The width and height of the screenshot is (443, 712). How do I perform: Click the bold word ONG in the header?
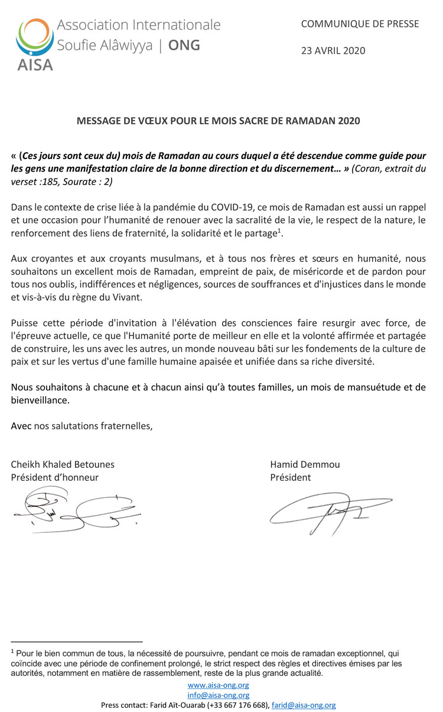(184, 45)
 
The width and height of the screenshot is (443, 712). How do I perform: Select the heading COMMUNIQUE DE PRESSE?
(360, 24)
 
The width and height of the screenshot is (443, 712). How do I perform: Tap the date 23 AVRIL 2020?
(333, 50)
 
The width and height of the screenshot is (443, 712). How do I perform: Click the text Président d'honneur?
(55, 477)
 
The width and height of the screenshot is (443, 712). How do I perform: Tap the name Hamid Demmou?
(297, 464)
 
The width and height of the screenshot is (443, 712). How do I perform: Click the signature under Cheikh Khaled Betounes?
(77, 509)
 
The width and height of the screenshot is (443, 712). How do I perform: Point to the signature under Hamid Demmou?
(331, 512)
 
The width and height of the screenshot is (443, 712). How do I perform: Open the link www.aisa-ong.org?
(218, 686)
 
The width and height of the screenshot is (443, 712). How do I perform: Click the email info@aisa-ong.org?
(218, 695)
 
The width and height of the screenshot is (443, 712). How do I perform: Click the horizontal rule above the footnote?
(77, 642)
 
